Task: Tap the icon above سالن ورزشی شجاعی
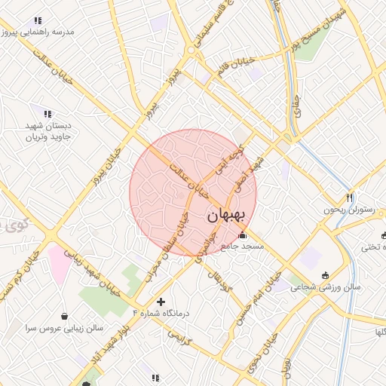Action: click(325, 274)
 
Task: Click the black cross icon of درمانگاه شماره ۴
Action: click(161, 302)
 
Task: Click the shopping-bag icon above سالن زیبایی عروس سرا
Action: click(66, 315)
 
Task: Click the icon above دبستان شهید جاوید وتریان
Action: click(47, 114)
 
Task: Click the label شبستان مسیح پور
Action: click(320, 30)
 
